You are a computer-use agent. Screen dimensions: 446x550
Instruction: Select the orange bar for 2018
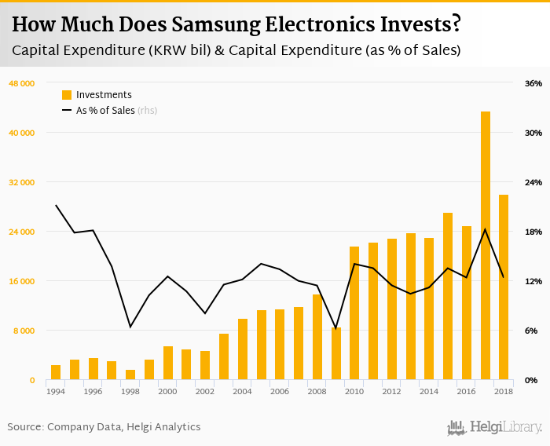point(504,287)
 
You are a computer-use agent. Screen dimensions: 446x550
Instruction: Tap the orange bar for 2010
point(354,313)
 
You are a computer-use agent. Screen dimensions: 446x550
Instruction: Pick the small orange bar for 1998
point(130,375)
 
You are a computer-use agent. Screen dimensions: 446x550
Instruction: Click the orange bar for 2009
point(336,354)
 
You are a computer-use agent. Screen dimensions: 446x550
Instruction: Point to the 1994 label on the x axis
point(55,391)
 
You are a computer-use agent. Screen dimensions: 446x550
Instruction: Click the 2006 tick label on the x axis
point(279,391)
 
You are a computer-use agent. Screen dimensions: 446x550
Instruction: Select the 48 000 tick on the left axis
point(22,83)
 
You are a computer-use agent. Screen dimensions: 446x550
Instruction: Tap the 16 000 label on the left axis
point(22,281)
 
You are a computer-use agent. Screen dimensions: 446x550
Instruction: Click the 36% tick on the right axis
point(533,83)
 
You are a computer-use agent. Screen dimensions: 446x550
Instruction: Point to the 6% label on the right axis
point(532,331)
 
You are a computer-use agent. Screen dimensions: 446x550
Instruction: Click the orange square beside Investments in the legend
point(67,95)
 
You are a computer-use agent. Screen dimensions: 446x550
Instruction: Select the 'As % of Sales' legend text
point(105,111)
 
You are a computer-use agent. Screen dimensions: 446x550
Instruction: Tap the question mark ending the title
point(456,25)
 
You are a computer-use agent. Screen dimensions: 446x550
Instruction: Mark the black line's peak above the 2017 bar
point(486,229)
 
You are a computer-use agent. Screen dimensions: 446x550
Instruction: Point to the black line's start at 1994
point(56,206)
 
